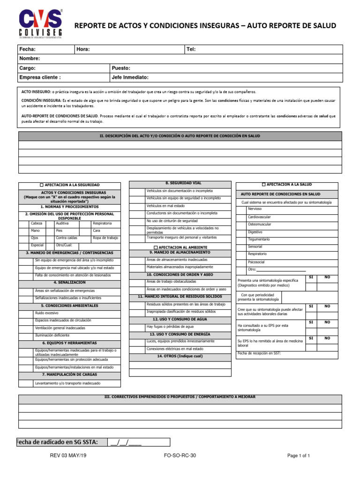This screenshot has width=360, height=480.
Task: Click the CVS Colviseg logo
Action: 40,23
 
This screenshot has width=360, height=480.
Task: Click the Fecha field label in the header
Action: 27,49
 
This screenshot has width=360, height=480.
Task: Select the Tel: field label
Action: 191,49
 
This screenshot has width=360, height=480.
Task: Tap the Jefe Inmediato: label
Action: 130,77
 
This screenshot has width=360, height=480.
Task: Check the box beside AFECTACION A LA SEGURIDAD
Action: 42,185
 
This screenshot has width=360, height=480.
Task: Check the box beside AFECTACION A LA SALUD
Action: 263,185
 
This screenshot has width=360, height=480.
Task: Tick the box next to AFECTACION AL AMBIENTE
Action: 156,247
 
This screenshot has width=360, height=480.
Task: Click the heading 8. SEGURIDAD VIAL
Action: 180,183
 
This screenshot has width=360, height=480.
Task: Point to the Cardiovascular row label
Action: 259,217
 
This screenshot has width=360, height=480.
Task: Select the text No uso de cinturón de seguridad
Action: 172,220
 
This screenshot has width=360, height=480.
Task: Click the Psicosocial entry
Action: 256,262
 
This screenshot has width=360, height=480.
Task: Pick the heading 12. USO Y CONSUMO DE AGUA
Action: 180,319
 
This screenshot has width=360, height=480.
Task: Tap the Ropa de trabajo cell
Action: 105,238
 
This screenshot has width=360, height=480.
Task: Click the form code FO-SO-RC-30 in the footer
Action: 180,455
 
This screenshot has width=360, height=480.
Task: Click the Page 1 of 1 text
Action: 299,455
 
